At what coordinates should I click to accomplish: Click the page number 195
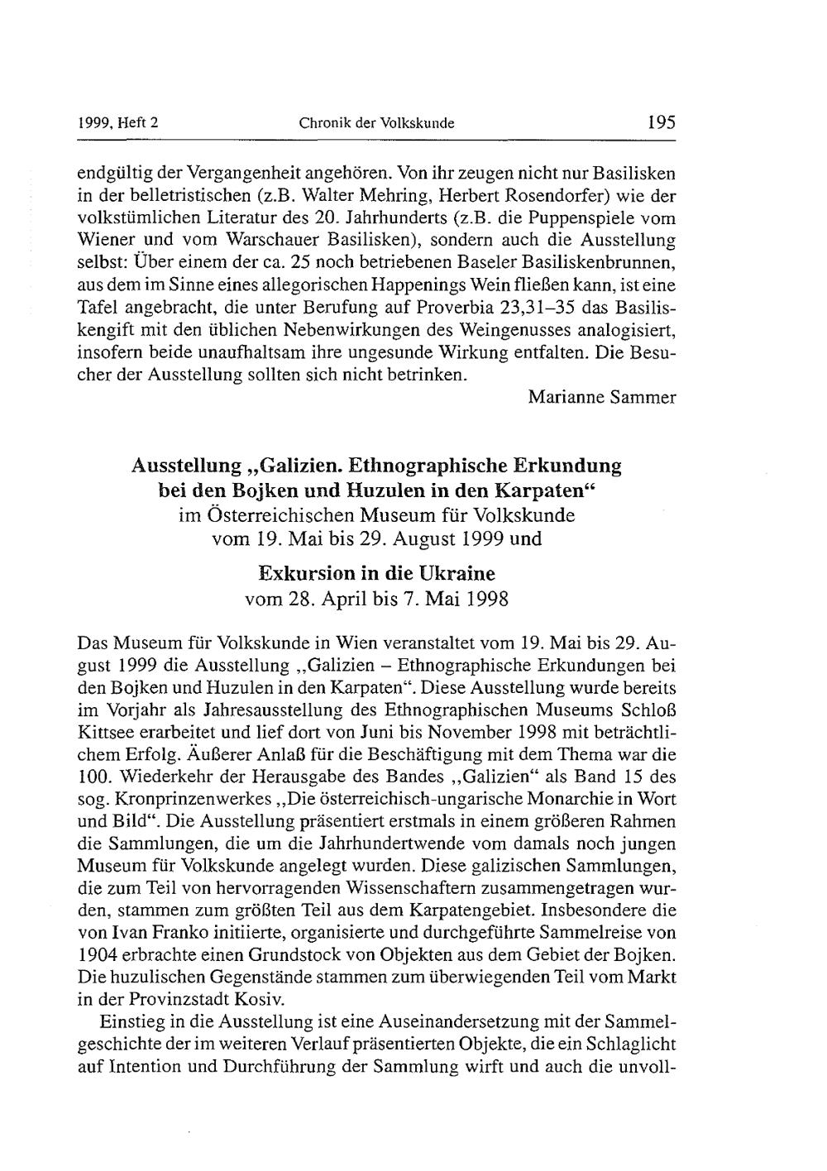662,123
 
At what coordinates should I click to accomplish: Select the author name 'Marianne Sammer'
602,397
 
